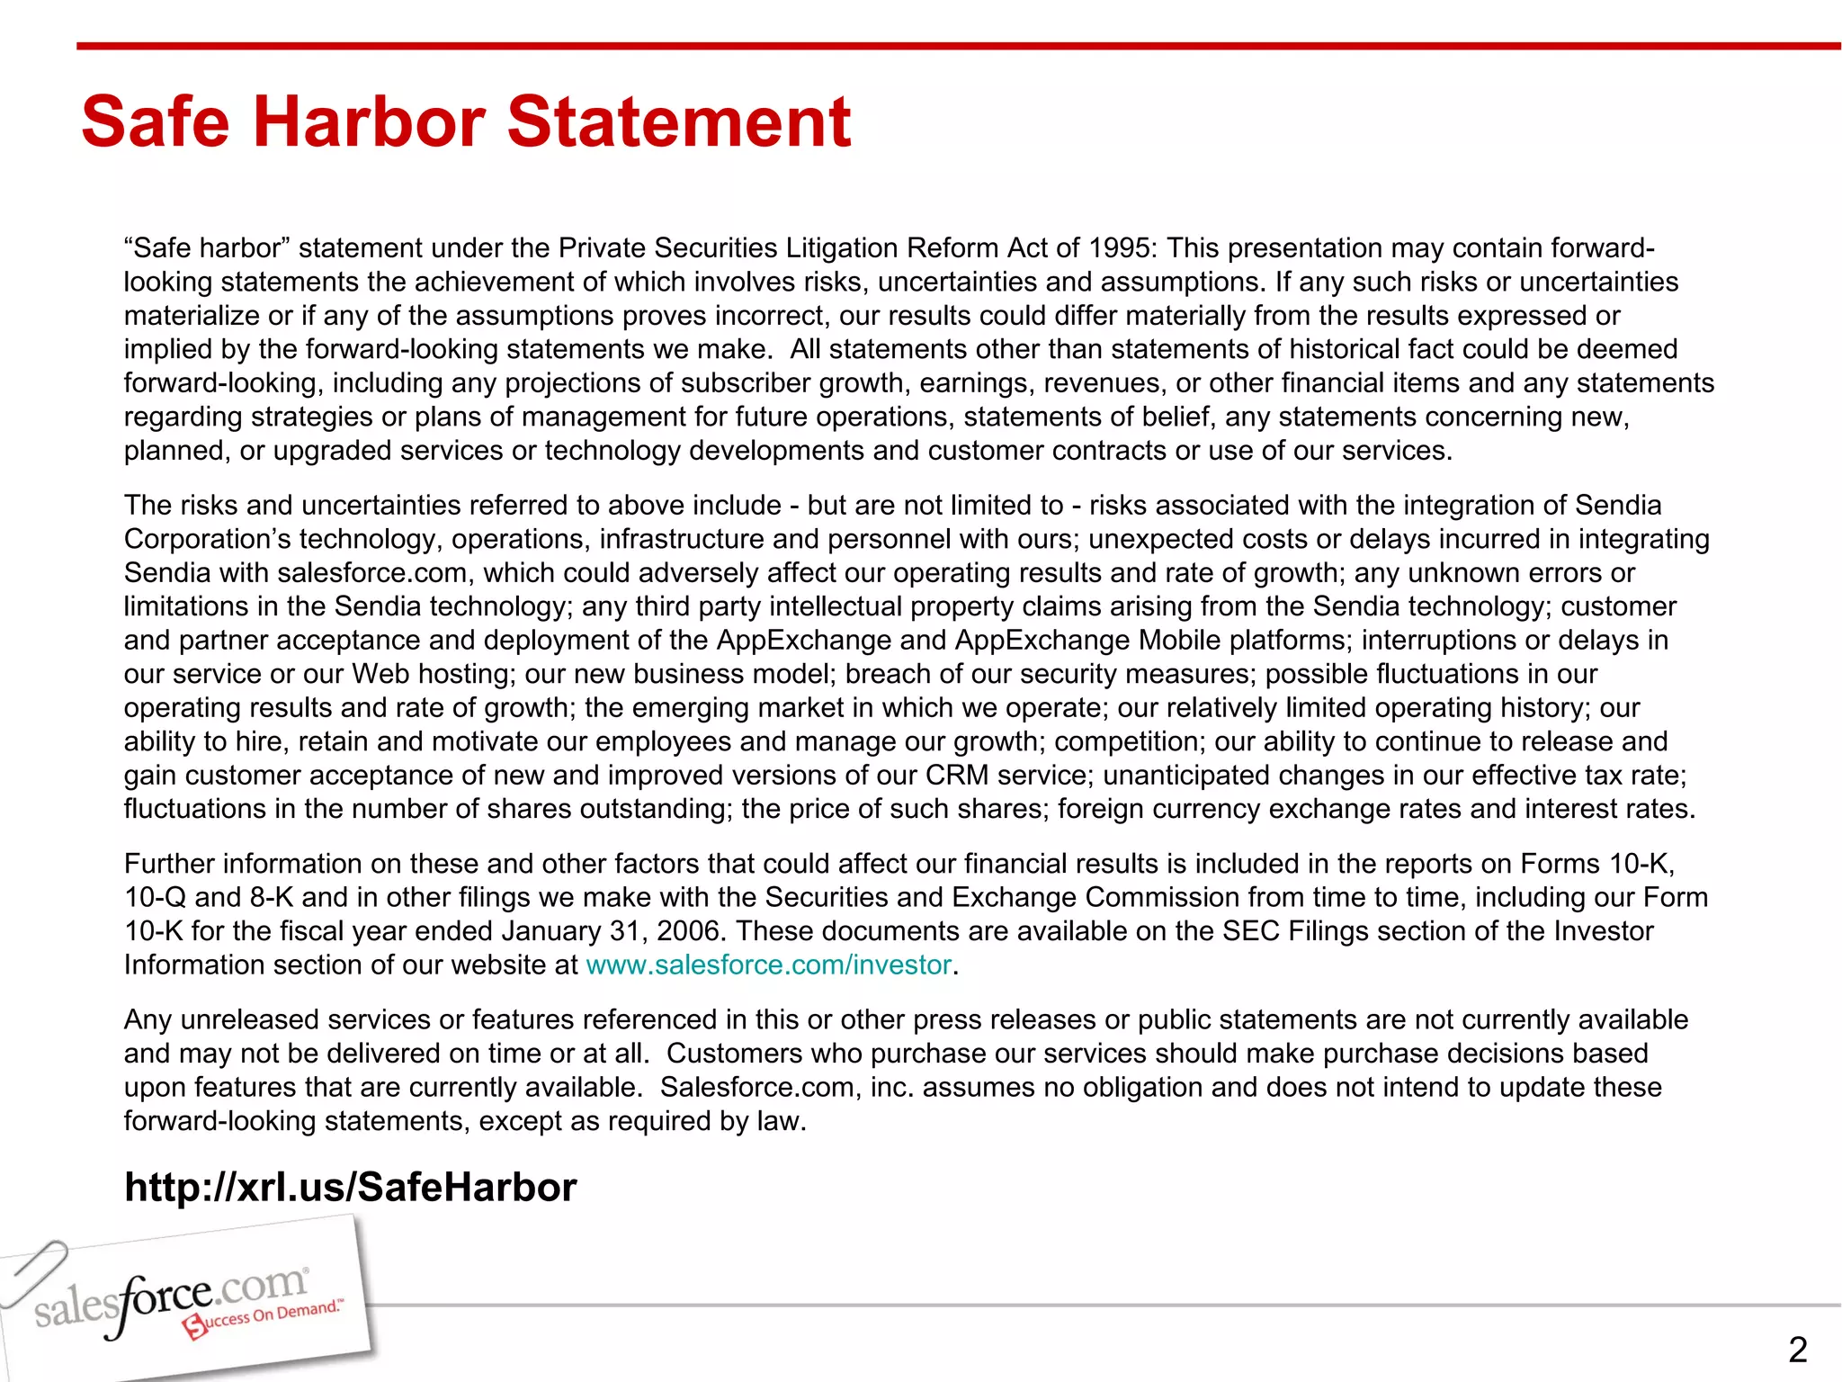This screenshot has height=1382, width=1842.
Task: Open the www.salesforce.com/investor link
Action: (x=768, y=965)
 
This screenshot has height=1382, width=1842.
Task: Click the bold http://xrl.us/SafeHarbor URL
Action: (x=351, y=1188)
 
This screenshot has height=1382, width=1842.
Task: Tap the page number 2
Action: (x=1797, y=1350)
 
